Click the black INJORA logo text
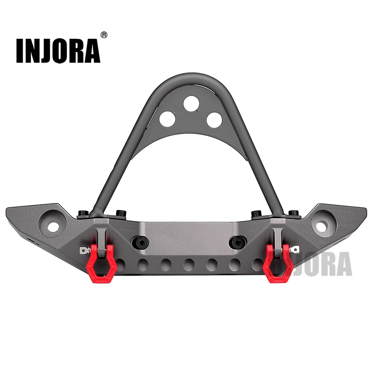(58, 51)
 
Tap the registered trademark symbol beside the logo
(104, 35)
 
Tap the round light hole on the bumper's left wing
(54, 225)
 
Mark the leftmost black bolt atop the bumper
(82, 213)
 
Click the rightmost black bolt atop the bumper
(293, 213)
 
